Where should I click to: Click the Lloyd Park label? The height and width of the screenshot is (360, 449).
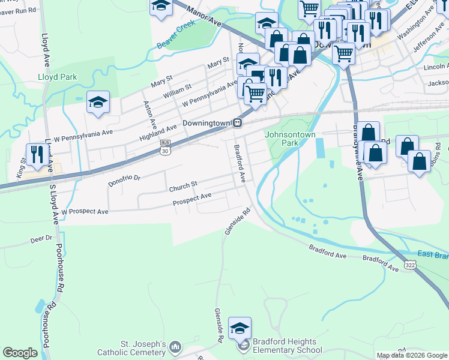58,77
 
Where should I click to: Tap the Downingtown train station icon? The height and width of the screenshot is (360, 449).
238,122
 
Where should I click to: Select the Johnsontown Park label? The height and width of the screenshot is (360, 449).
282,139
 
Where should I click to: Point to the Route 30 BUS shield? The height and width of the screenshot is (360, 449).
164,148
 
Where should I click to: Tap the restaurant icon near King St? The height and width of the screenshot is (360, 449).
37,155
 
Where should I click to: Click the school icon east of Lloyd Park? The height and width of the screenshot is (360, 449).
98,103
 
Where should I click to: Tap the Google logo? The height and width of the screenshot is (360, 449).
20,353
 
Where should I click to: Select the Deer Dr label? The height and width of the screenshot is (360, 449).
41,239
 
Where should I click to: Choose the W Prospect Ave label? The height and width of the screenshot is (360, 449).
85,212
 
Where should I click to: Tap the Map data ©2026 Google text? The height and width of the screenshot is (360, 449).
411,355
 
